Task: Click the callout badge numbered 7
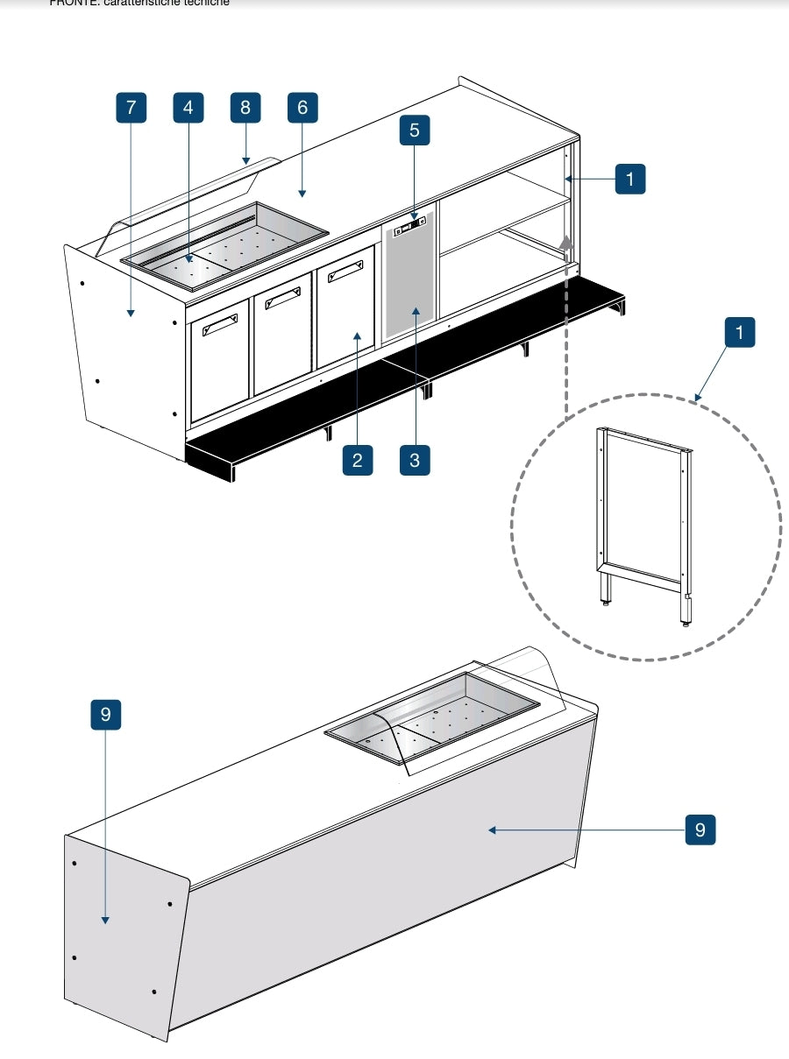(x=131, y=108)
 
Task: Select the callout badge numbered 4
(x=188, y=108)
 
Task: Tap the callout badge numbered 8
(x=245, y=108)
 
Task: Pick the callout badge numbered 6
(x=302, y=108)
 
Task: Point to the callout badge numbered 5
(x=415, y=131)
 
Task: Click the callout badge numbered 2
(x=357, y=460)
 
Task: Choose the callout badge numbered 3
(x=415, y=460)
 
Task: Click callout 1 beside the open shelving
(x=629, y=179)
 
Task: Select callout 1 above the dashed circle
(x=740, y=333)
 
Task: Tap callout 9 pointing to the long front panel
(x=700, y=830)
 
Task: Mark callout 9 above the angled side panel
(x=105, y=715)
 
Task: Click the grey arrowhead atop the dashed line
(x=567, y=244)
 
